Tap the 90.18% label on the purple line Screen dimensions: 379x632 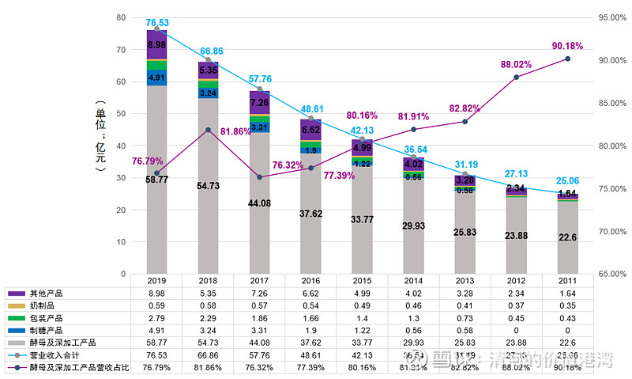(567, 46)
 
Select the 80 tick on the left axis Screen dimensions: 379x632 (121, 17)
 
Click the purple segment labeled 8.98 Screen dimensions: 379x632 (156, 45)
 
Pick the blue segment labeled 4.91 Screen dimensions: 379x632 (156, 77)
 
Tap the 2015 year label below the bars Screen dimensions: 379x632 (362, 281)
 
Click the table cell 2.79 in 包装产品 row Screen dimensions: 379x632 (156, 318)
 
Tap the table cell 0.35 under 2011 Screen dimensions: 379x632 (567, 305)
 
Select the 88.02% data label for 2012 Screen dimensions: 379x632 (517, 64)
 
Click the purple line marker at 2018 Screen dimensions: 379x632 (208, 131)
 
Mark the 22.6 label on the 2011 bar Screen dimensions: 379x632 (567, 237)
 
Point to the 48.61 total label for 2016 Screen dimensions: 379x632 (310, 109)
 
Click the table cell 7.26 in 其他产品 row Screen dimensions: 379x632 (259, 294)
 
